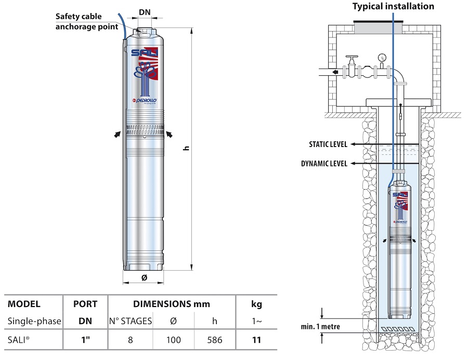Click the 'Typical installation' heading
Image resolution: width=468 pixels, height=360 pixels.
pyautogui.click(x=393, y=7)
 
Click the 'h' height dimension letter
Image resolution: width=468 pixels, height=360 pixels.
pyautogui.click(x=186, y=149)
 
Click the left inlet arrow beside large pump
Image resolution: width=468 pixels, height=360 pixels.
pyautogui.click(x=117, y=134)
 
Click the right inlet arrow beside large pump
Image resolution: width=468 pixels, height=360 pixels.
pyautogui.click(x=170, y=135)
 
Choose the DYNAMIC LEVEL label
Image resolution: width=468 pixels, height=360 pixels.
pyautogui.click(x=324, y=164)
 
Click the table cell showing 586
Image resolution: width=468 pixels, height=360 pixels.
pyautogui.click(x=214, y=340)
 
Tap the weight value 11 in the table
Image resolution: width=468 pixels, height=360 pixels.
pyautogui.click(x=257, y=340)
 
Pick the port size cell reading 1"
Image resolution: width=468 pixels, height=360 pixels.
pyautogui.click(x=85, y=340)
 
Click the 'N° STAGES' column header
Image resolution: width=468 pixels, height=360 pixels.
pyautogui.click(x=130, y=321)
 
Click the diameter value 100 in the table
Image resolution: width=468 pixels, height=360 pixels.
pyautogui.click(x=173, y=340)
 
